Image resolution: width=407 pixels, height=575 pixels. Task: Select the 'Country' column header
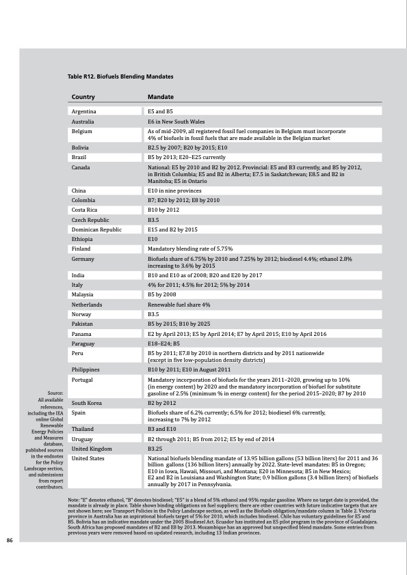83,98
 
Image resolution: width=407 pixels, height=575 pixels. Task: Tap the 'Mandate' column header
161,98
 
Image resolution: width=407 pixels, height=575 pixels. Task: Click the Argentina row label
83,111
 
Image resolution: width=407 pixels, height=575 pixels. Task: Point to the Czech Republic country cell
90,221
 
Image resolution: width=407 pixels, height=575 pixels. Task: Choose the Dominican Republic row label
96,230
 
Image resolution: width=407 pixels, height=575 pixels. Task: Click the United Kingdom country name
92,449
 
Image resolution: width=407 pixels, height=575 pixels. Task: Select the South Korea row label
87,404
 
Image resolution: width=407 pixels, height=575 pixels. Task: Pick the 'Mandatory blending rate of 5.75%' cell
191,249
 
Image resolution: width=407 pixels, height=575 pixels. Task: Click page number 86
10,540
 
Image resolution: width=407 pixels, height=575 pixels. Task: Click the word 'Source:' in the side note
55,393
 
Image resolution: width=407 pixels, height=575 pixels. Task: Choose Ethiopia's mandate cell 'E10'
153,240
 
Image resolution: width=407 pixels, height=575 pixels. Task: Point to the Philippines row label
87,369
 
